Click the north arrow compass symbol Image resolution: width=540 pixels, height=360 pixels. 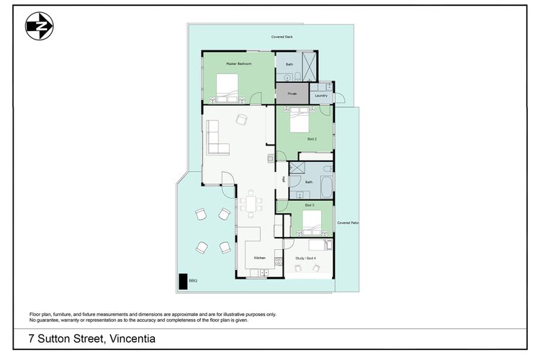coord(40,27)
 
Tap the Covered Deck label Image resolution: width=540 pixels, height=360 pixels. coord(282,36)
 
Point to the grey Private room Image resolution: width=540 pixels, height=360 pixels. coord(292,94)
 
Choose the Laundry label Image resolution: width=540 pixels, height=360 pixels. coord(321,95)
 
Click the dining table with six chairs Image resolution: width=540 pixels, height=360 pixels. coord(251,203)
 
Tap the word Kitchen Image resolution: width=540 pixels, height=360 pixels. coord(259,257)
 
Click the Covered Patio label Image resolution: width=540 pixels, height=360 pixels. coord(348,223)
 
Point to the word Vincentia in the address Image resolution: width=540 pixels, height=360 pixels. coord(130,338)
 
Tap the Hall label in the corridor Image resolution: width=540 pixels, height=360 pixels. coord(284,179)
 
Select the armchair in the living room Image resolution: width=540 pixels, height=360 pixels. coord(242,120)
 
